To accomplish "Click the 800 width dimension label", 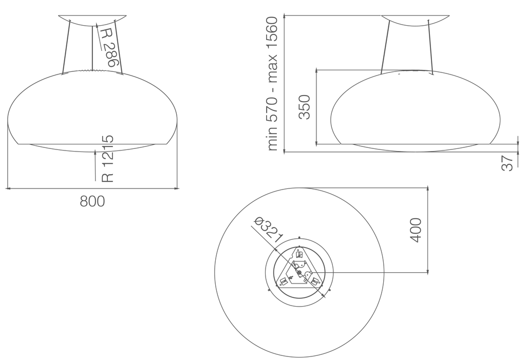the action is [x=92, y=201].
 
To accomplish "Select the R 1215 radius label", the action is [x=108, y=159].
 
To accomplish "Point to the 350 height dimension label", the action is [x=304, y=107].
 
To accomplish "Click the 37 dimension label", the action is [x=507, y=163].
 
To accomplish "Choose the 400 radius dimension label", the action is [x=415, y=230].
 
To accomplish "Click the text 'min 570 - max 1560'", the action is [x=272, y=84].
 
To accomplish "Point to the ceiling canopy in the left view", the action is [x=92, y=20].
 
